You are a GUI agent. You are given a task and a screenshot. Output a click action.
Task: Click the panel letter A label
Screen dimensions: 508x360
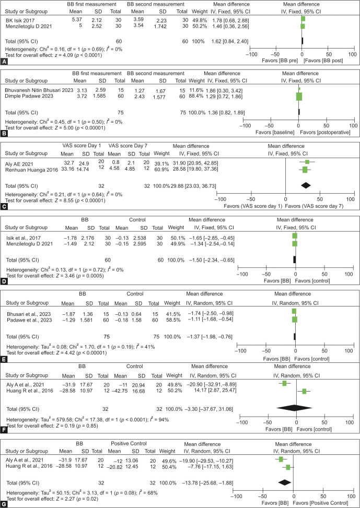(4, 62)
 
